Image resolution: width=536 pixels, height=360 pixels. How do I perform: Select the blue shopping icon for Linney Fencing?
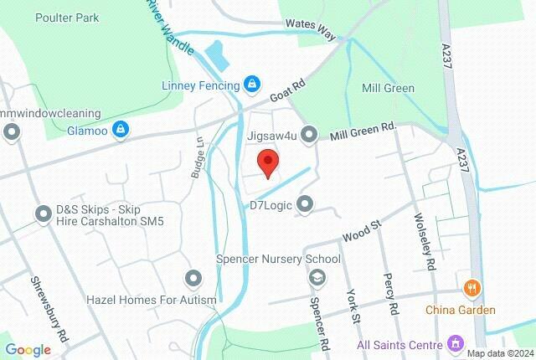click(250, 84)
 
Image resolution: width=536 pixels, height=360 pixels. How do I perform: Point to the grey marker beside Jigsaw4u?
click(309, 134)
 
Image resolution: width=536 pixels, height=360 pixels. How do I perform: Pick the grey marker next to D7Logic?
click(304, 203)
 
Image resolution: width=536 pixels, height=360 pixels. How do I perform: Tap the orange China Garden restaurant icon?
click(470, 288)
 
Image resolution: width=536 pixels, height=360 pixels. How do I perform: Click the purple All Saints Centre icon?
click(456, 343)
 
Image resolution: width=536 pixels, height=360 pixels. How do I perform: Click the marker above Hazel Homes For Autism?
click(194, 278)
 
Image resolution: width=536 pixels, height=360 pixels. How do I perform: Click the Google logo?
click(28, 349)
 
